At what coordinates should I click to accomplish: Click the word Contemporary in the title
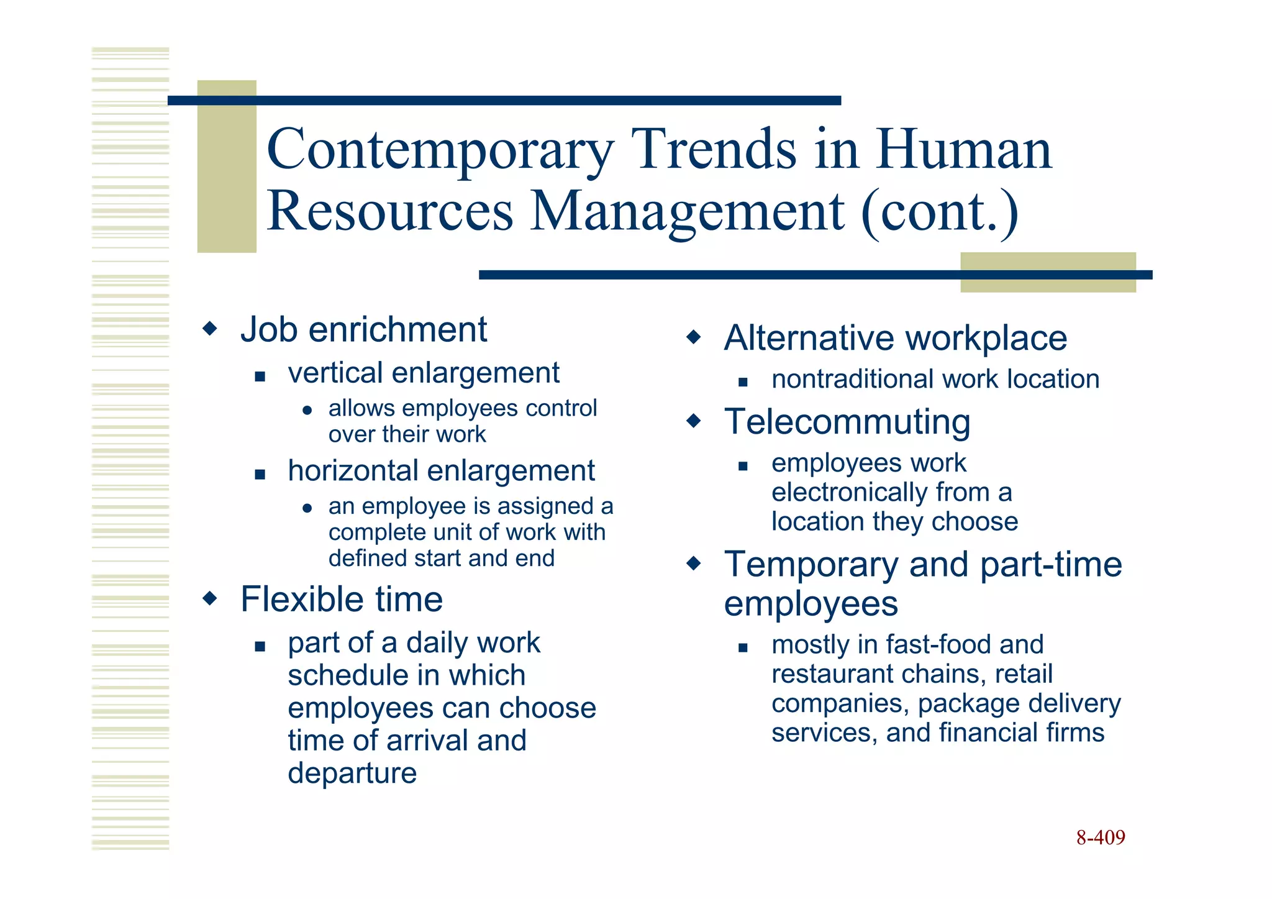click(440, 150)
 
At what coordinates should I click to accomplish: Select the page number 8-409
click(1100, 837)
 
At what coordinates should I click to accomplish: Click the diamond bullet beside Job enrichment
click(211, 328)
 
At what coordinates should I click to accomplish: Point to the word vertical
click(335, 373)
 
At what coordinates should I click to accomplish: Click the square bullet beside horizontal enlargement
click(260, 475)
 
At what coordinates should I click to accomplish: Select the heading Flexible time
click(342, 599)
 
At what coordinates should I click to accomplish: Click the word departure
click(352, 773)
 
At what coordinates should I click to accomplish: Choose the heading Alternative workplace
click(895, 338)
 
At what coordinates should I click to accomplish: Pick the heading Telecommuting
click(847, 421)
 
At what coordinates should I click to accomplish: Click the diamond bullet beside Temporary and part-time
click(694, 564)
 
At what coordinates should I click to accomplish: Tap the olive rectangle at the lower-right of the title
click(1048, 272)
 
